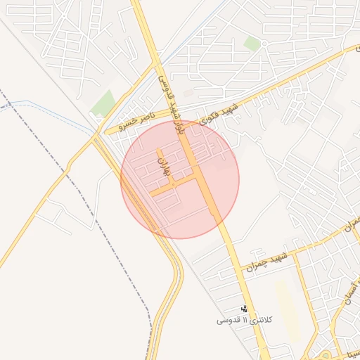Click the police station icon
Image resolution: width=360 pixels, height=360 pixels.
pyautogui.click(x=244, y=309)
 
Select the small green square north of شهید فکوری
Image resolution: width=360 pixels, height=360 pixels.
pyautogui.click(x=252, y=44)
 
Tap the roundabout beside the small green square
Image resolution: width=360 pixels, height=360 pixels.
pyautogui.click(x=264, y=44)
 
